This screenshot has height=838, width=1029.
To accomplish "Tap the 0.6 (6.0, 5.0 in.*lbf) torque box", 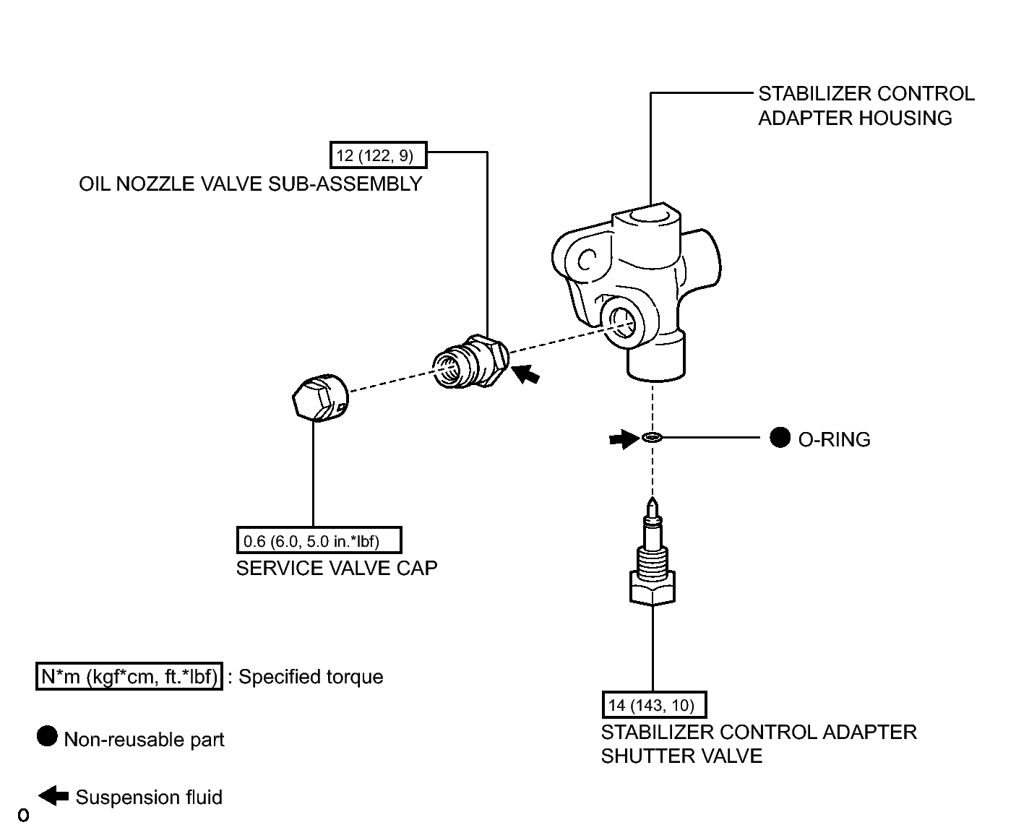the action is [319, 540].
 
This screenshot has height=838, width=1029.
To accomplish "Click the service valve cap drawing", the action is [320, 397].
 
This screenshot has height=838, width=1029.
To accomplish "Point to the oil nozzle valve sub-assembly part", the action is [470, 361].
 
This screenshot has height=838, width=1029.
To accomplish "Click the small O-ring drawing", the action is [653, 438].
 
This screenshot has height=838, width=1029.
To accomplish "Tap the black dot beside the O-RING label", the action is [780, 438].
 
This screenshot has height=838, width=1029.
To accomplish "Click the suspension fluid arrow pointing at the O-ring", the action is [624, 439].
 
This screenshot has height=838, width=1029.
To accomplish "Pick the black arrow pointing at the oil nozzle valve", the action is [525, 374].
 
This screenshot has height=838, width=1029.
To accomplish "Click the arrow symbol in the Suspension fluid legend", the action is [53, 795].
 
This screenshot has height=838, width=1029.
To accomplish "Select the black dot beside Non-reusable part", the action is [47, 736].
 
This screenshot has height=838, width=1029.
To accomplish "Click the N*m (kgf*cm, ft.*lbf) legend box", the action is [129, 676].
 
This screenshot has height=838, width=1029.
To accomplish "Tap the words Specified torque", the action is [311, 677].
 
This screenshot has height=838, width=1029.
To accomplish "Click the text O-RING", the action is [835, 439].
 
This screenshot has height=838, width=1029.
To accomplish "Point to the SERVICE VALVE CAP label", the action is [337, 569].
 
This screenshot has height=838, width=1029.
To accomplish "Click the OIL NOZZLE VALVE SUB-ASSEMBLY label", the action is [250, 184].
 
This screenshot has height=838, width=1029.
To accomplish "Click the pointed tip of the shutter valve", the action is [653, 498].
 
